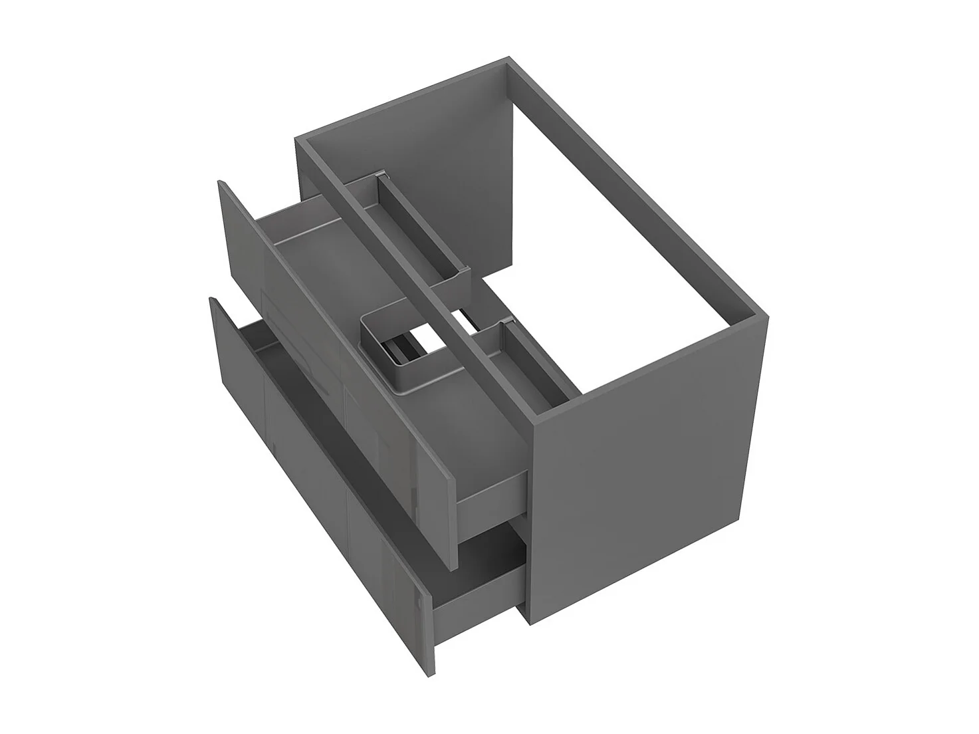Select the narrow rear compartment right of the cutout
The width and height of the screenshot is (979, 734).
[x=525, y=359]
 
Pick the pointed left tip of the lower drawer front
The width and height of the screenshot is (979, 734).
[x=212, y=300]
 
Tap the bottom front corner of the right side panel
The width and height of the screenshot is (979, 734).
[x=529, y=621]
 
